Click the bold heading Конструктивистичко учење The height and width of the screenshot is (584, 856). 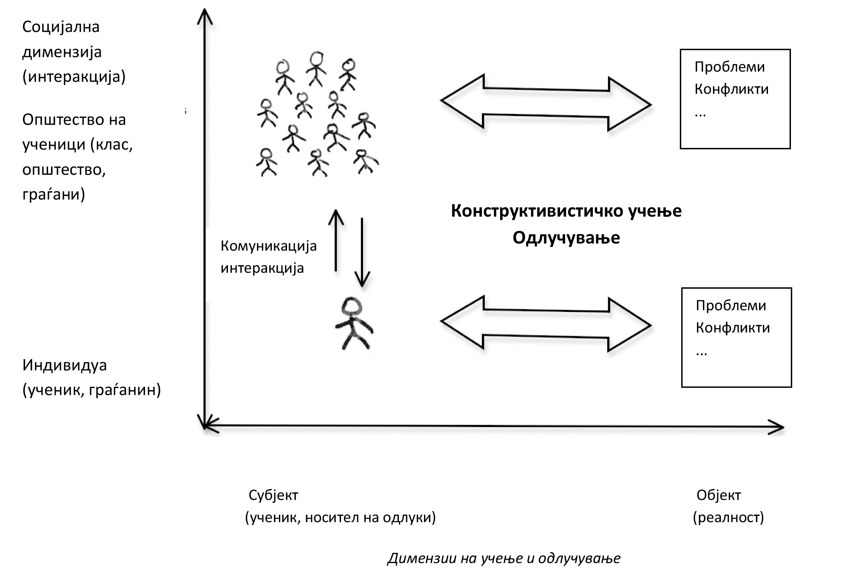click(566, 211)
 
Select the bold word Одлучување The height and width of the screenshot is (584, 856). click(566, 238)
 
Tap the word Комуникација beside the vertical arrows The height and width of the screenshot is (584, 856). click(268, 247)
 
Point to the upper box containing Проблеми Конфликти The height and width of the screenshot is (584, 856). click(735, 99)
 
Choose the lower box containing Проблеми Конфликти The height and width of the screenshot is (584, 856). click(736, 337)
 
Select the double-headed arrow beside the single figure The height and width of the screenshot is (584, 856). click(546, 324)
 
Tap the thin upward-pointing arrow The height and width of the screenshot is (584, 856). click(336, 240)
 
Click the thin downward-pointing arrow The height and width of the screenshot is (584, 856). click(362, 253)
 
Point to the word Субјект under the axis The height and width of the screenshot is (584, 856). click(273, 495)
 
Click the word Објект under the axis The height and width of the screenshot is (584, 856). click(719, 495)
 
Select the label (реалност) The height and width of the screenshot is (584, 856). click(728, 517)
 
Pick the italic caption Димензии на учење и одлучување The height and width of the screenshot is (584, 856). click(504, 558)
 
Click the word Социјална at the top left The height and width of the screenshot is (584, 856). click(61, 27)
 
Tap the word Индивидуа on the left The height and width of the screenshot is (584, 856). click(65, 366)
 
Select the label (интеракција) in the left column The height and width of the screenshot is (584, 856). click(74, 77)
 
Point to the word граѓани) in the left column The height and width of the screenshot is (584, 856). click(54, 195)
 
